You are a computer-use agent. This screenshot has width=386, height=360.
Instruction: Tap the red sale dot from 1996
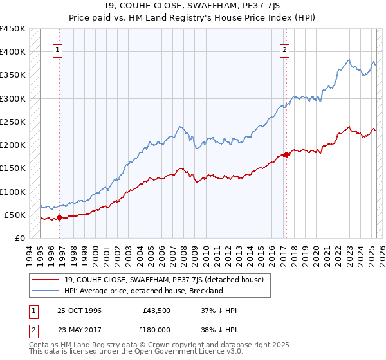tap(60, 217)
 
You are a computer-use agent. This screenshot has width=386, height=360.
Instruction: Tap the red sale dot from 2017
tap(286, 154)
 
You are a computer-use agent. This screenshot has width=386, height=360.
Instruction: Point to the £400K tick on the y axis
tap(13, 52)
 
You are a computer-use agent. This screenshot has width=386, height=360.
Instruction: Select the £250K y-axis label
tap(13, 122)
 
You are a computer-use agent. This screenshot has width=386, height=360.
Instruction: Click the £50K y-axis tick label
tap(15, 215)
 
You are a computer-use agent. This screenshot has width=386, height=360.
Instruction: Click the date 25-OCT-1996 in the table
tap(80, 310)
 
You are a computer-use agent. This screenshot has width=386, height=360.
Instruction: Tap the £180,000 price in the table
tap(156, 328)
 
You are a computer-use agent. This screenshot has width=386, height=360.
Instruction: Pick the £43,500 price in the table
tap(156, 310)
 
